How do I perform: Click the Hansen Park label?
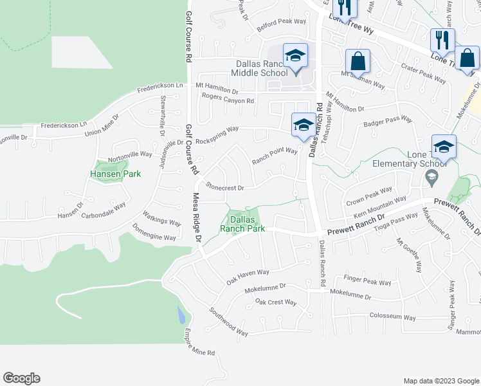point(116,174)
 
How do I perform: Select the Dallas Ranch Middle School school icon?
point(295,56)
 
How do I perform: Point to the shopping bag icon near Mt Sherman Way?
point(358,62)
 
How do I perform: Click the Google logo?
point(21,378)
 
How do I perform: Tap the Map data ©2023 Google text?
point(440,381)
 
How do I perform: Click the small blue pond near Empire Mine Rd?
point(181,315)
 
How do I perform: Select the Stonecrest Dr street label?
point(224,188)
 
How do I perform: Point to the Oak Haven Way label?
point(247,277)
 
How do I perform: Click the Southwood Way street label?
point(228,320)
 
